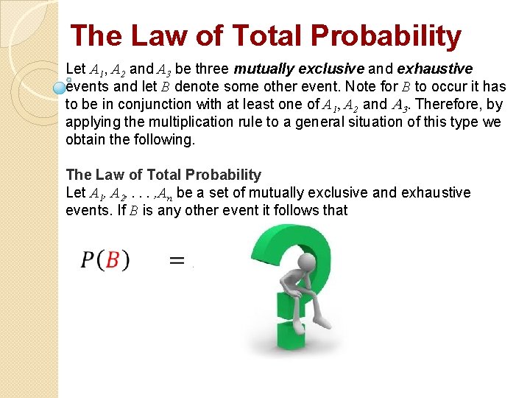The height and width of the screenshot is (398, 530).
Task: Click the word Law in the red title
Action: tap(152, 35)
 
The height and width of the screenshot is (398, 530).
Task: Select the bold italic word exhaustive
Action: tap(435, 69)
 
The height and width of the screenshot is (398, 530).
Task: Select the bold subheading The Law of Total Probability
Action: tap(163, 175)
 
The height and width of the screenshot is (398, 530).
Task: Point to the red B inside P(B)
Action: tap(113, 260)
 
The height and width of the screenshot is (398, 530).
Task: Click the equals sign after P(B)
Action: tap(177, 260)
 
